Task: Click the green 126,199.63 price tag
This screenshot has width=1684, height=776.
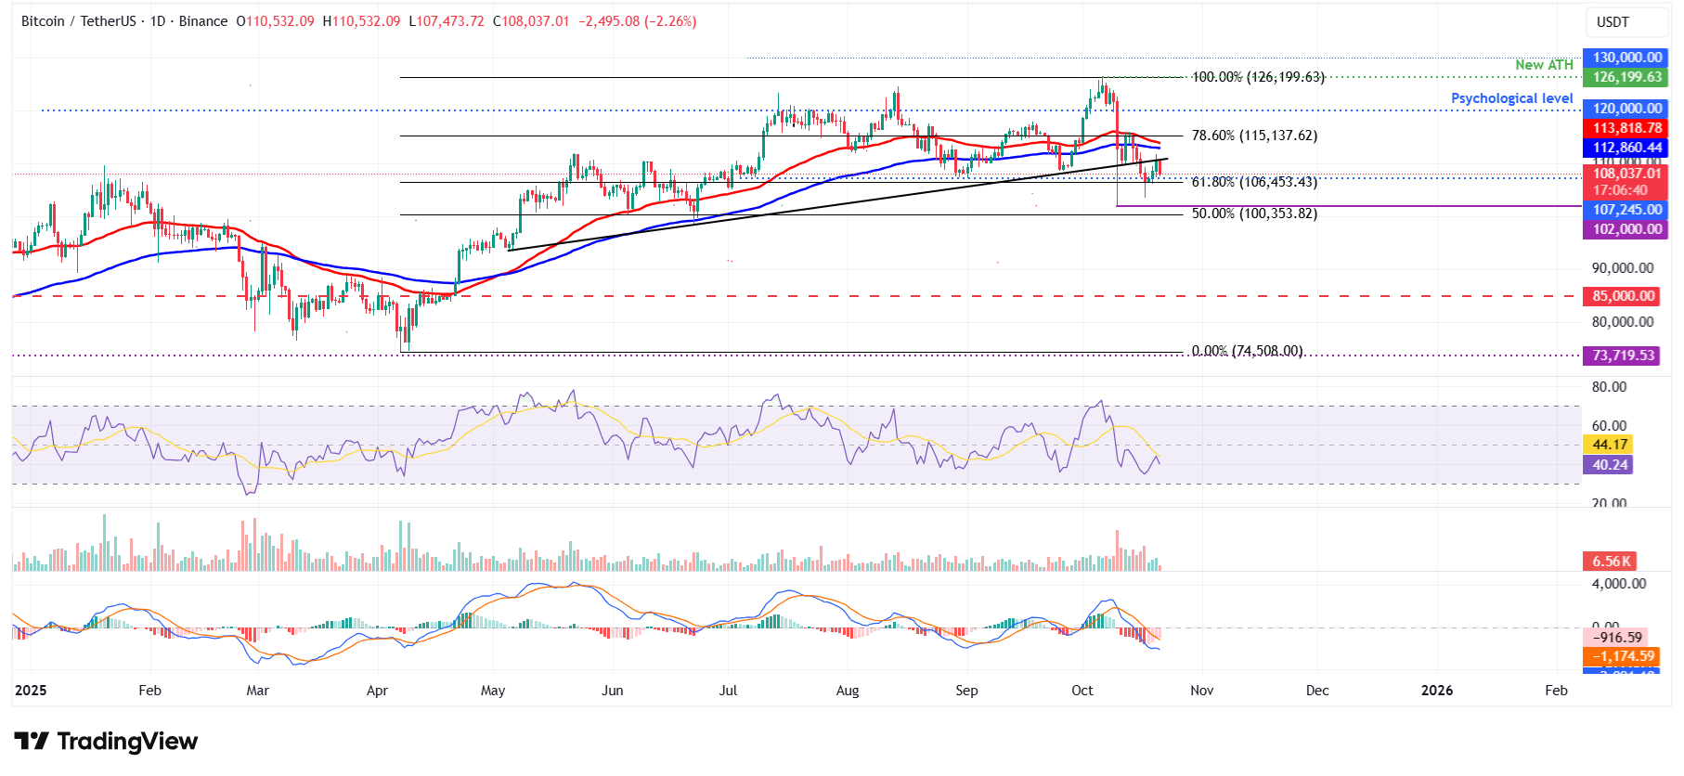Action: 1626,77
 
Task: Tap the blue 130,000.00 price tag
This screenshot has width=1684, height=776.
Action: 1626,58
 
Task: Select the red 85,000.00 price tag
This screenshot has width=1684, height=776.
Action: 1623,296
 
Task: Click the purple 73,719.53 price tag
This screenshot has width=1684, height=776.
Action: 1623,356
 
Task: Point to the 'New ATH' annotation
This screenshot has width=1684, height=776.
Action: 1544,65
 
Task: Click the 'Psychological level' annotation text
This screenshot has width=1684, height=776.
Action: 1511,98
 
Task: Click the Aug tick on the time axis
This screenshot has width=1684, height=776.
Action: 848,691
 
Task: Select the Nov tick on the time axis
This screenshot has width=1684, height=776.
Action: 1201,691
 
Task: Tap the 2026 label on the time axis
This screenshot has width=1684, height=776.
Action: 1437,691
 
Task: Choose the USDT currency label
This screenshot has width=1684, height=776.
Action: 1613,22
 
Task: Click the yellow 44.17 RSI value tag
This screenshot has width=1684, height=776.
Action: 1610,445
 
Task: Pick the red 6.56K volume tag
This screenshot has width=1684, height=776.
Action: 1611,562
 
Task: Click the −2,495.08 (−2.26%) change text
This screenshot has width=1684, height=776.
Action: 637,21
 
